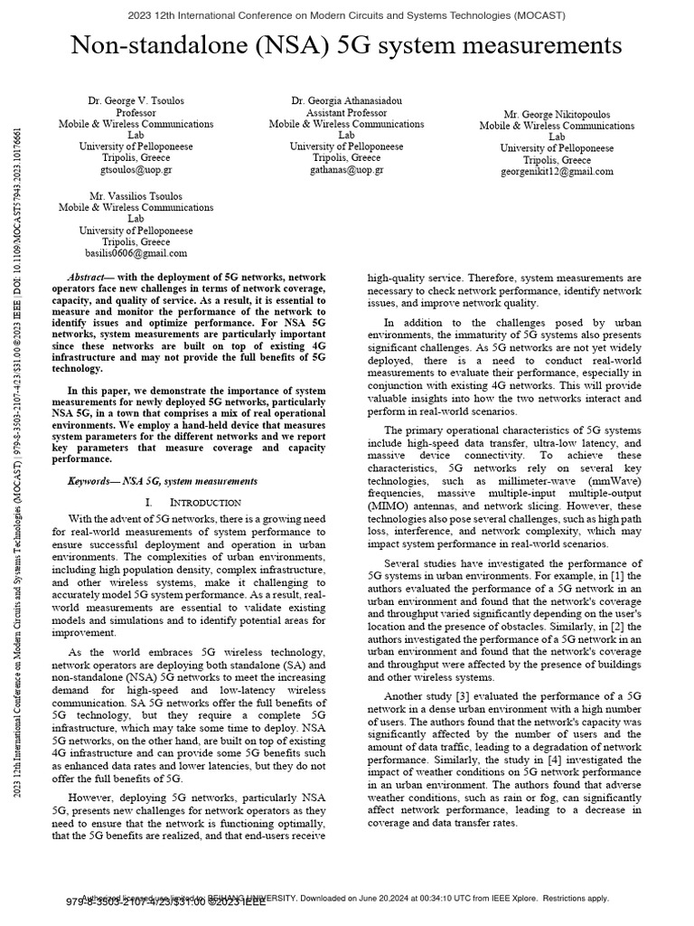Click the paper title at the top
click(347, 46)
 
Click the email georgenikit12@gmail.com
click(557, 171)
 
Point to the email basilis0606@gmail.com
click(136, 253)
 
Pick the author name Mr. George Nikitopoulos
click(557, 114)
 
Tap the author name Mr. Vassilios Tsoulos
click(136, 195)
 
